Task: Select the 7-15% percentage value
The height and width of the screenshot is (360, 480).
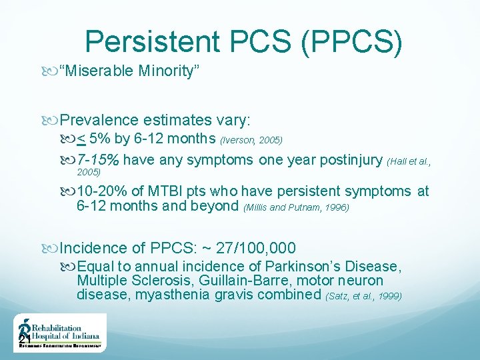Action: (x=98, y=160)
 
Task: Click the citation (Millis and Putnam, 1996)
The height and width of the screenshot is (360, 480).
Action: (x=296, y=207)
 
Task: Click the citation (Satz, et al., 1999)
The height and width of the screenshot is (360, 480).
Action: (x=363, y=295)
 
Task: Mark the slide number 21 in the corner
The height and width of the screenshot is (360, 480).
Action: (x=23, y=340)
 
